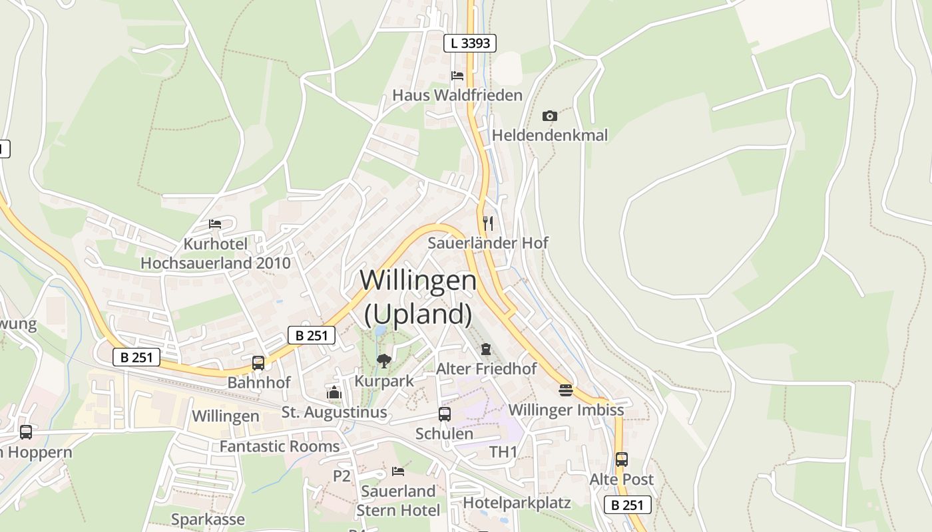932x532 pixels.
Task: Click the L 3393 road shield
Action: point(470,43)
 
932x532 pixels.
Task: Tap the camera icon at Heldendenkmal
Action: point(549,116)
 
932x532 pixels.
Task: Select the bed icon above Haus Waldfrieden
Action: point(457,75)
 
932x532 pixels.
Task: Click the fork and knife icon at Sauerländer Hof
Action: point(488,223)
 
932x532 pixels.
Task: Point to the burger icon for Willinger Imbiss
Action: point(566,390)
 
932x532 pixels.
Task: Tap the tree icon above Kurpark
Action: point(383,361)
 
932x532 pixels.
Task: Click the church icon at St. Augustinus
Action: point(334,392)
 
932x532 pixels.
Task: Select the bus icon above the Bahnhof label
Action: point(258,363)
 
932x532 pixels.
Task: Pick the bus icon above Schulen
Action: point(445,414)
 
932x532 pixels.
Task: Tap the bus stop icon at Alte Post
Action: point(621,460)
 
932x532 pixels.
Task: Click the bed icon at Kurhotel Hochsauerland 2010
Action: point(215,223)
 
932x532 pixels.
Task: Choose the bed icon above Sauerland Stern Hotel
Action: point(398,471)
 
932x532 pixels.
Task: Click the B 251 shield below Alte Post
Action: point(628,505)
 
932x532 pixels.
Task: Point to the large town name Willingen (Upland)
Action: point(418,297)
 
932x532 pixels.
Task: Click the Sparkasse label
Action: point(208,519)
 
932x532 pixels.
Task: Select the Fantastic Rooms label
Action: point(280,446)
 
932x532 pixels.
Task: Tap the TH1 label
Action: point(503,452)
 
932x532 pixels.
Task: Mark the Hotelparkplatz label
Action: point(517,503)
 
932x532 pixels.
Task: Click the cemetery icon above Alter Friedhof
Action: point(486,349)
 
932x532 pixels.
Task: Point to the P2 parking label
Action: point(342,475)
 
